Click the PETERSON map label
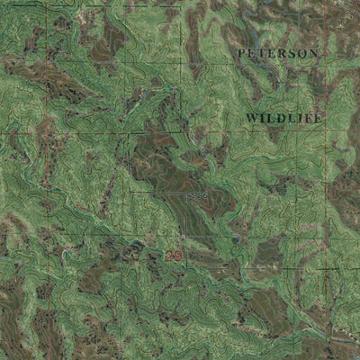[277, 54]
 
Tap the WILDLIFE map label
[283, 118]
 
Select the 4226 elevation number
[193, 193]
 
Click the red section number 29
[174, 256]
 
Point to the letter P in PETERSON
[242, 54]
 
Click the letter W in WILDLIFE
[251, 118]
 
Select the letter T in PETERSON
[263, 54]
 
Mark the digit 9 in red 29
[178, 256]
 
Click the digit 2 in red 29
[169, 256]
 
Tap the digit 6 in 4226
[203, 193]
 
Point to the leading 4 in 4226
[184, 193]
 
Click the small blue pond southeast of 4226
[236, 238]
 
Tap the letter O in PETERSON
[302, 54]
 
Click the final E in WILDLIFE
[316, 118]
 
